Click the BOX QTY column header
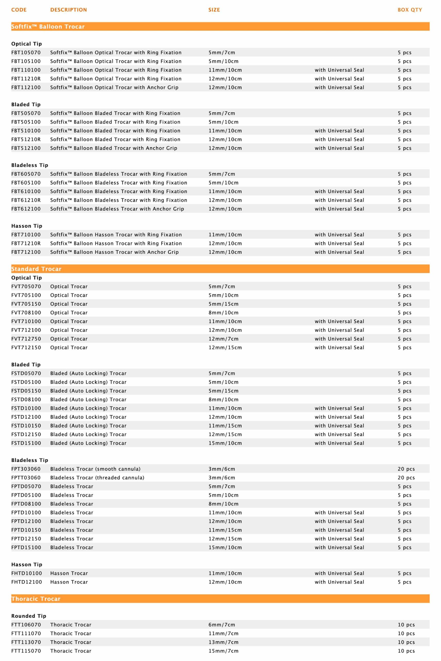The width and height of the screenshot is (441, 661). [x=410, y=10]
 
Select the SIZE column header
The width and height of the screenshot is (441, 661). [x=214, y=10]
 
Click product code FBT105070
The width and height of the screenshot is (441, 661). [x=26, y=53]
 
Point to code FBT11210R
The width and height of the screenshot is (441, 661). [x=26, y=79]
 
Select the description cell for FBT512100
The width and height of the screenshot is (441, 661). [x=114, y=148]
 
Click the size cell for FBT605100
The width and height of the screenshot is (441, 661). [x=223, y=183]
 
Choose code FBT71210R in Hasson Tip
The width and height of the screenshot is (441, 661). [x=26, y=243]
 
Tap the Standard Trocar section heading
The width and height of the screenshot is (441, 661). [x=36, y=269]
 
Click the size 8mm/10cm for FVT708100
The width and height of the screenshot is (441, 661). [x=223, y=313]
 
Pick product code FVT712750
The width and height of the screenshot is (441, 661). [x=26, y=339]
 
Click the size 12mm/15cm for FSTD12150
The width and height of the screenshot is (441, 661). [x=225, y=434]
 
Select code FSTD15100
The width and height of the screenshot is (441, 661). [x=26, y=443]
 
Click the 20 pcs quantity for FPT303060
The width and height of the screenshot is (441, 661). [x=406, y=469]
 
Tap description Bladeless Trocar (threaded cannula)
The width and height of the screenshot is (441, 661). [x=97, y=478]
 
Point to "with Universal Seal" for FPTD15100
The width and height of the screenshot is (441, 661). [x=339, y=548]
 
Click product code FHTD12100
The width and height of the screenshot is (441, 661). [x=27, y=582]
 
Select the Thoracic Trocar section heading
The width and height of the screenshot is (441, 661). [x=36, y=599]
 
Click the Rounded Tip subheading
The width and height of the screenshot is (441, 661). [x=29, y=616]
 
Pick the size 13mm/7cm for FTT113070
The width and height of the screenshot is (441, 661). [x=223, y=642]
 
